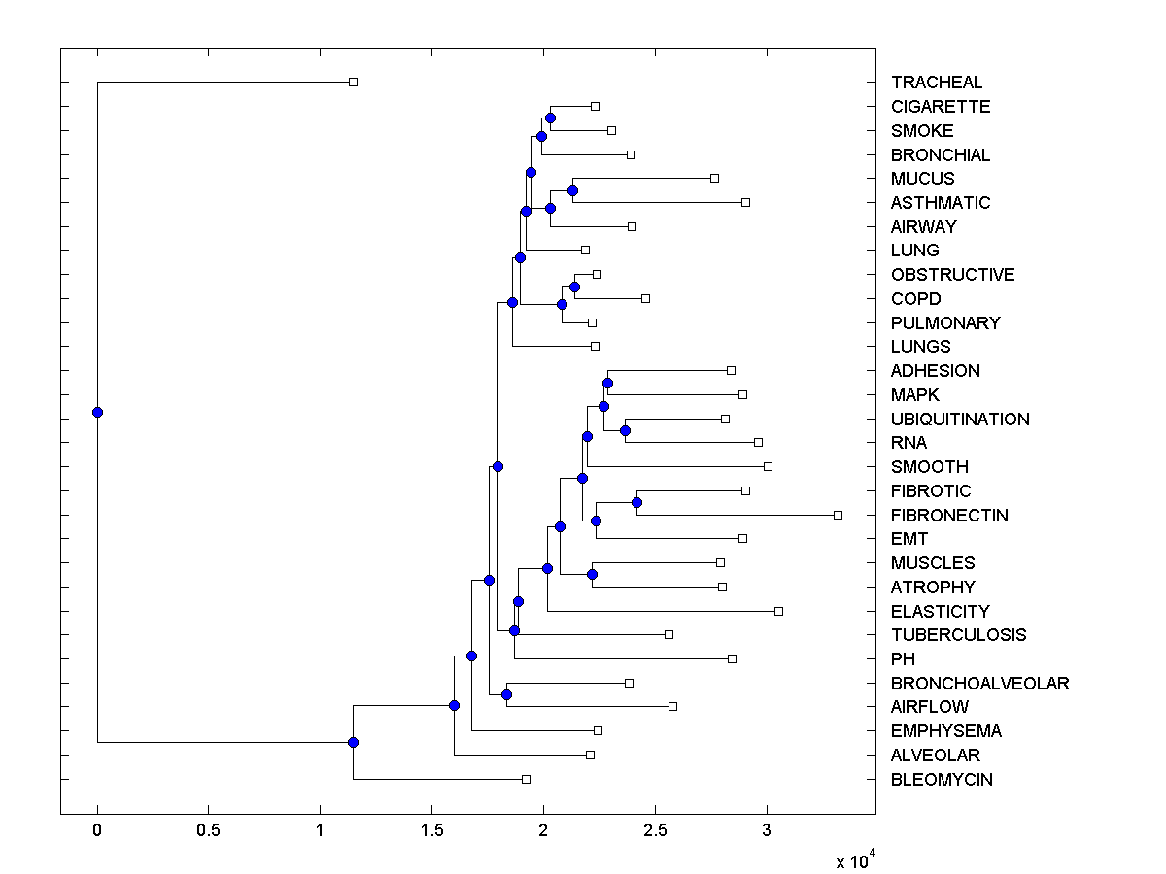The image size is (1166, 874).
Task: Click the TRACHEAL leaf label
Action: tap(936, 83)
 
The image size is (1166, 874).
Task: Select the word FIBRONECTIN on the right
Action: tap(949, 515)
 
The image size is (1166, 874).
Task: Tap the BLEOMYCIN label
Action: tap(942, 779)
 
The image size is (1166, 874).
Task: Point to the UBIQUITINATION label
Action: tap(960, 419)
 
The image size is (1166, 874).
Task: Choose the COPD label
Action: tap(915, 298)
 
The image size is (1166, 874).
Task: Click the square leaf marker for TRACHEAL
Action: tap(353, 82)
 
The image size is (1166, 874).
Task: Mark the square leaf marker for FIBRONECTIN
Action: tap(838, 515)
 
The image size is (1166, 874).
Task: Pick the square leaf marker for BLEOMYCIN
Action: tap(526, 779)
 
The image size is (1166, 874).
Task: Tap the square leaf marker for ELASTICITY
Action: tap(778, 611)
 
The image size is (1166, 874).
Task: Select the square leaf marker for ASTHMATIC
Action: tap(745, 202)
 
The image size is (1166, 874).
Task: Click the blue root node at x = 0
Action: tap(97, 412)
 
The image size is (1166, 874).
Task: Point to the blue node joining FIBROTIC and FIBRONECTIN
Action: tap(636, 502)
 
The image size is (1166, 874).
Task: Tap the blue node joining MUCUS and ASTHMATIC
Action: tap(572, 190)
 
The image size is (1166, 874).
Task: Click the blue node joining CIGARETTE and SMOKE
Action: tap(550, 118)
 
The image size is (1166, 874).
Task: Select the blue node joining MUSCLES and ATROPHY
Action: tap(592, 574)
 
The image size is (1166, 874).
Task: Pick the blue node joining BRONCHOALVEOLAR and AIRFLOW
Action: tap(506, 694)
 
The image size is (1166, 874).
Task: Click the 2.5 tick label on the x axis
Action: tap(655, 831)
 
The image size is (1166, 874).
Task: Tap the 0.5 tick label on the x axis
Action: tap(208, 831)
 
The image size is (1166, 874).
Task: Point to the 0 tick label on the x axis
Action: tap(97, 831)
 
